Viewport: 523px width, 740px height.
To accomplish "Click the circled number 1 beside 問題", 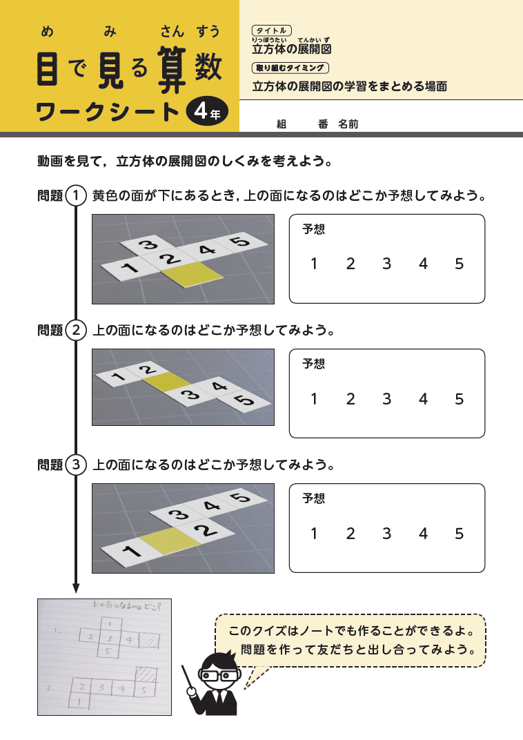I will point(76,195).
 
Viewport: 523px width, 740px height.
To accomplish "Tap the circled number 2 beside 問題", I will point(76,331).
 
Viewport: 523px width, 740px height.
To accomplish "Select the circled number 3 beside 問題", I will point(76,465).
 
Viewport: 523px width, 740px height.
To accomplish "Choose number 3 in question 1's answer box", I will point(386,264).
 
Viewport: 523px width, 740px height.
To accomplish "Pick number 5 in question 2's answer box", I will point(460,398).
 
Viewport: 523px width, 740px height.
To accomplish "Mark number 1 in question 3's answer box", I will point(314,533).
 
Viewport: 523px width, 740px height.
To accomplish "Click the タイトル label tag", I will point(273,31).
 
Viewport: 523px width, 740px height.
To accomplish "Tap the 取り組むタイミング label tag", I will point(290,68).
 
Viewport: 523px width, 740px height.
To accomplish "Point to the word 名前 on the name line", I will point(348,124).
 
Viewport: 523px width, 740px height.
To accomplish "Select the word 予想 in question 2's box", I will point(313,364).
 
